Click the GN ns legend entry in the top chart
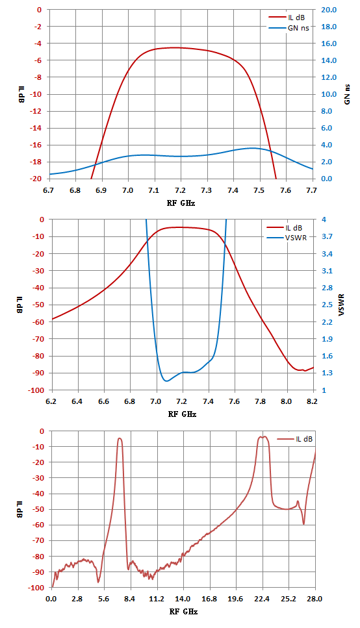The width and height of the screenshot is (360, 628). (x=289, y=28)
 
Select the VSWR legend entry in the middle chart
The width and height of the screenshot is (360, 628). (x=287, y=238)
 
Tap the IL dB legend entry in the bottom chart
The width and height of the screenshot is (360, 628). (x=294, y=439)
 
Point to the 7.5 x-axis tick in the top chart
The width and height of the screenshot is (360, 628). (x=259, y=190)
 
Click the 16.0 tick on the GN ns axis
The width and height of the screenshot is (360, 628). (x=328, y=44)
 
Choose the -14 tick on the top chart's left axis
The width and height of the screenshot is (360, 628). (x=36, y=128)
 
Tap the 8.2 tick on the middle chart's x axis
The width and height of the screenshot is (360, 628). (x=313, y=401)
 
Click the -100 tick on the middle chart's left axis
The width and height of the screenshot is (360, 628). (x=35, y=390)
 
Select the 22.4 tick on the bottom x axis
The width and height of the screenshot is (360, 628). (x=263, y=599)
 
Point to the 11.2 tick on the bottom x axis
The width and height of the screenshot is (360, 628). (x=157, y=599)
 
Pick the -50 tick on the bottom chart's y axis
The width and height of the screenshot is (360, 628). (x=36, y=509)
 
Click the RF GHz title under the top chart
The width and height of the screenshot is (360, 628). (x=181, y=203)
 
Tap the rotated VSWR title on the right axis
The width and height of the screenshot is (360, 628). (x=341, y=305)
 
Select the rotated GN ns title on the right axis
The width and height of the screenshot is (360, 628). (x=347, y=94)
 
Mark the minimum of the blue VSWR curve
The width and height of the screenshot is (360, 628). (x=166, y=381)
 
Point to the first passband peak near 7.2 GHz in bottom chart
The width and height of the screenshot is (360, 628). (x=120, y=438)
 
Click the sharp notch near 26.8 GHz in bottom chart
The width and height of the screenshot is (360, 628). (x=303, y=524)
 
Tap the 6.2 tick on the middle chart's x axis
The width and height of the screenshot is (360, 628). (x=51, y=401)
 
